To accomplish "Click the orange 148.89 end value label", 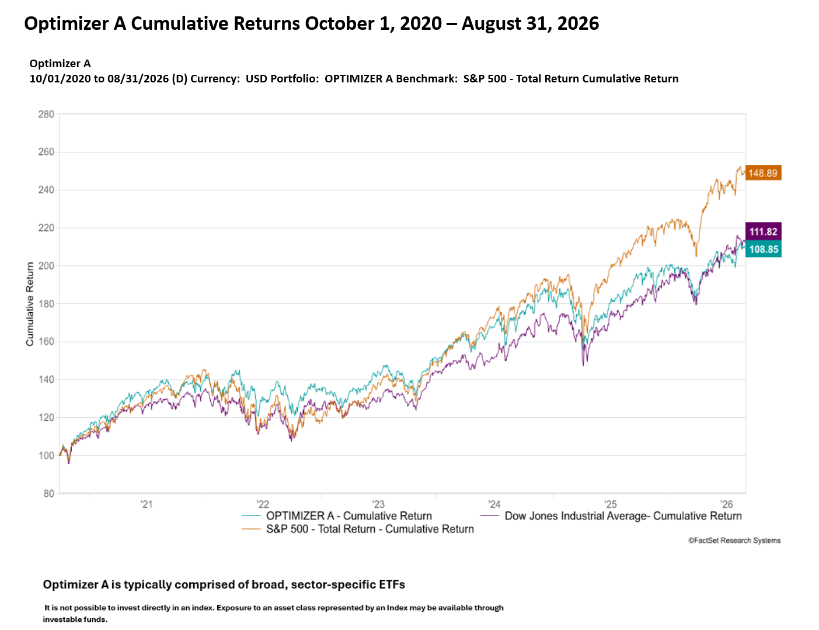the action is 763,173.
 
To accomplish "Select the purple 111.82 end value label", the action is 763,231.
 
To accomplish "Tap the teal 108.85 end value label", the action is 763,249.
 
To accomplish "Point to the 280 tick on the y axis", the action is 46,114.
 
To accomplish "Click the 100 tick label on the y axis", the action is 46,455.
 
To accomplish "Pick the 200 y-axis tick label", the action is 46,265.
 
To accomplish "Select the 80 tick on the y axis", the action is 48,493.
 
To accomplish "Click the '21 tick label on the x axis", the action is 147,504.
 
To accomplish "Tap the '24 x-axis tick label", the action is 494,504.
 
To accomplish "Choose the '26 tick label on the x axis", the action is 726,504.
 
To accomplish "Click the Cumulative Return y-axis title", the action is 30,304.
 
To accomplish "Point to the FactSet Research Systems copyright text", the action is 734,540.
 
